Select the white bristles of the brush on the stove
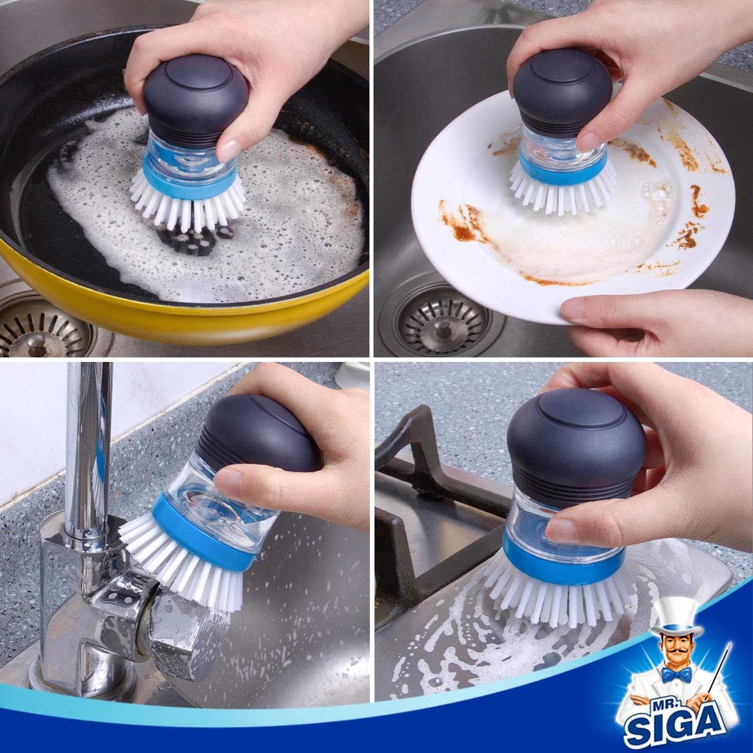coord(552,597)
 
